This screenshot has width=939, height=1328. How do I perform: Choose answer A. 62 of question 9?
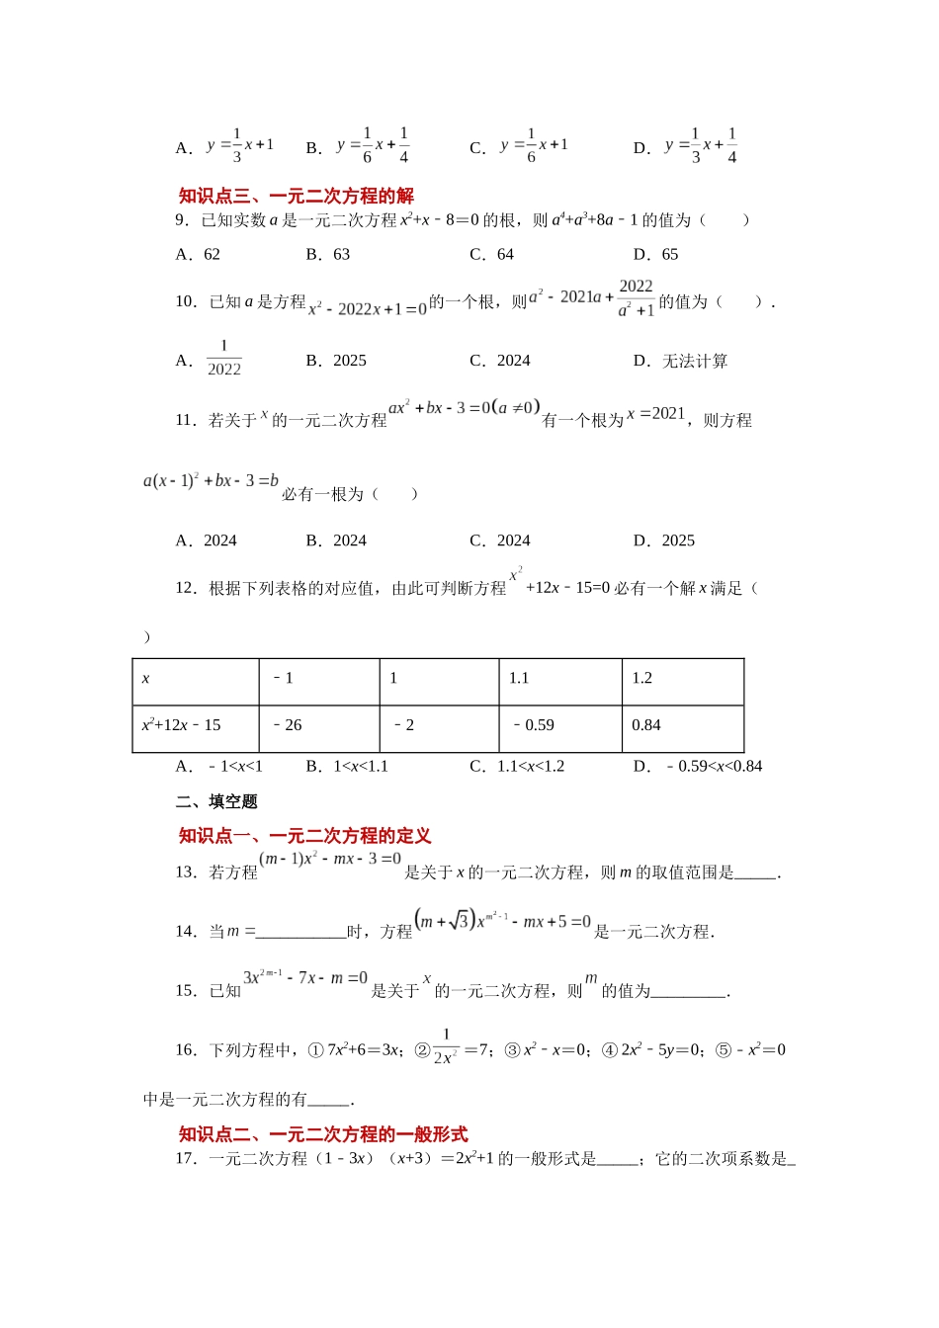point(199,254)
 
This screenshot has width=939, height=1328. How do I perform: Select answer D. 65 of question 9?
point(656,254)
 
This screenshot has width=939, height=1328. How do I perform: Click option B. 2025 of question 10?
point(336,361)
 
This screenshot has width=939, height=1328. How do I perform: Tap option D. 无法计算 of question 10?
point(681,361)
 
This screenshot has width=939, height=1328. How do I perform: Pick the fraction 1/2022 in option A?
point(224,359)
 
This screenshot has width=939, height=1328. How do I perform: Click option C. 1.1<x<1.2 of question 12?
point(517,766)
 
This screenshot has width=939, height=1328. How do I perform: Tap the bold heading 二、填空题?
point(216,801)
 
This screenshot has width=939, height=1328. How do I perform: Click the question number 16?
point(186,1049)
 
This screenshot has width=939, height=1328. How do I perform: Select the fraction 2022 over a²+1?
point(636,298)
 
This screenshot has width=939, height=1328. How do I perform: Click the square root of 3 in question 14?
point(459,921)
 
